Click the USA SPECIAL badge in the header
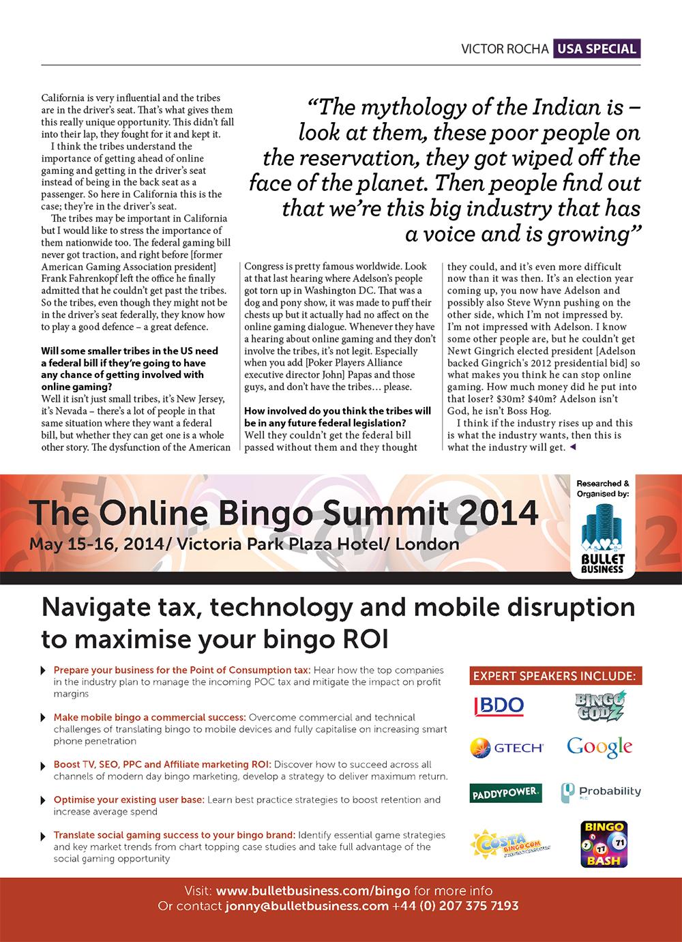597,48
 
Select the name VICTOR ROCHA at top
504,49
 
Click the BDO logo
498,705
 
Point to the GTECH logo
506,748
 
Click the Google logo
599,748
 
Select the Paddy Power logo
505,793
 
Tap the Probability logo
601,792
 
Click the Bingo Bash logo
603,844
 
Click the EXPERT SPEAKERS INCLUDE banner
554,676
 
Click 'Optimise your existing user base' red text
128,799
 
